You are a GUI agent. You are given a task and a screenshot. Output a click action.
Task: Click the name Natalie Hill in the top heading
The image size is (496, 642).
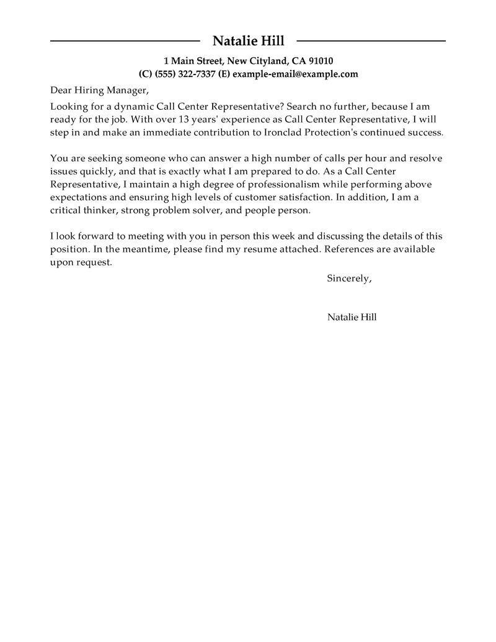click(x=248, y=42)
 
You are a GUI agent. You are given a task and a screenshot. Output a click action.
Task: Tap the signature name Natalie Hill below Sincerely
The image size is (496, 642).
click(x=352, y=317)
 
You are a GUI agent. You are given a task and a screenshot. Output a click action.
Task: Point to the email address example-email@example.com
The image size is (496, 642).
click(x=295, y=74)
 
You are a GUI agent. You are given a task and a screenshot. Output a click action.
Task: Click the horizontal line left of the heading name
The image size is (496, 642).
click(x=125, y=42)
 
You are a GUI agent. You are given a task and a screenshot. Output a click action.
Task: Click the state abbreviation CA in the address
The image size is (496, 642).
click(x=298, y=61)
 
